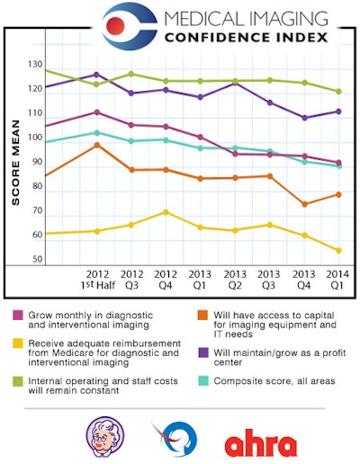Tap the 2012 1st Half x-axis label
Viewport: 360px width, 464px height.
click(x=98, y=278)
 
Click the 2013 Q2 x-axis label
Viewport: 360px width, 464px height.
click(x=236, y=278)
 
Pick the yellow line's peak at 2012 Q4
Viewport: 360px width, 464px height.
click(x=166, y=212)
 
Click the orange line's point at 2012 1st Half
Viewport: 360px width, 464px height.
click(x=97, y=145)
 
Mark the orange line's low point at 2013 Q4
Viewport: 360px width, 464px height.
click(x=305, y=204)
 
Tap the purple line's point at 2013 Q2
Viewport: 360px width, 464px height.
click(x=236, y=83)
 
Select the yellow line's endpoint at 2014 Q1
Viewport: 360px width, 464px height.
click(x=338, y=250)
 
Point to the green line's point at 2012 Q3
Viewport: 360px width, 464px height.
click(x=131, y=74)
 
